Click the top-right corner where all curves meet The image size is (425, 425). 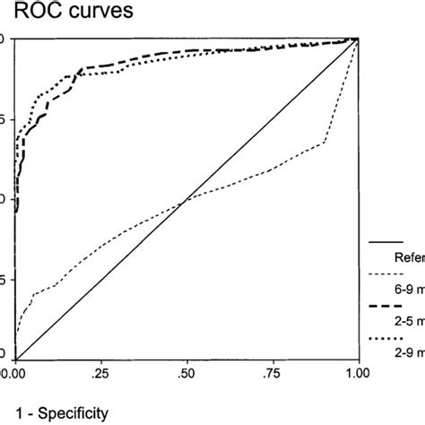pos(358,39)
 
